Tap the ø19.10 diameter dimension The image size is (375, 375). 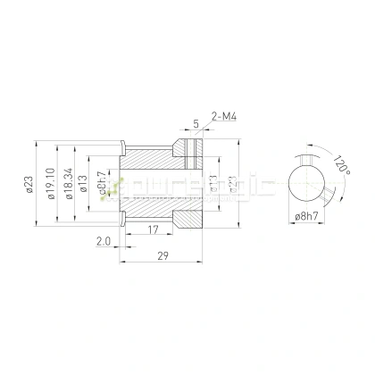click(49, 185)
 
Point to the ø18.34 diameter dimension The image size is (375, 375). click(69, 185)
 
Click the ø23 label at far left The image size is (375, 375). click(29, 185)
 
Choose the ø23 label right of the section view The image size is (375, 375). click(232, 185)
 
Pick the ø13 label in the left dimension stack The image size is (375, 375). click(83, 185)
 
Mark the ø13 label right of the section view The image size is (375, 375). click(213, 185)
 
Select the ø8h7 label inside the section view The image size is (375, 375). click(104, 184)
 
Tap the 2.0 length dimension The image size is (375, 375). click(102, 241)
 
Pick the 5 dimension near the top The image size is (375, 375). click(196, 125)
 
